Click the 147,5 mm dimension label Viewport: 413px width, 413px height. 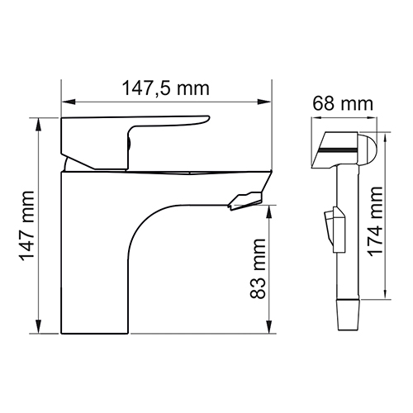165,88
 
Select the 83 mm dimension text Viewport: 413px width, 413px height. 258,268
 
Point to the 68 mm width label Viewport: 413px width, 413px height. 343,104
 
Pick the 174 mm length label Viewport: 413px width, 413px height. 376,221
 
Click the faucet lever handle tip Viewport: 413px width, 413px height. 208,119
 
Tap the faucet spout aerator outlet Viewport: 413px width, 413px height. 244,202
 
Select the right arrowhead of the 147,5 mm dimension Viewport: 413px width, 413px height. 264,102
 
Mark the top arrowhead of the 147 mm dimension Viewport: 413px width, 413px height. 39,125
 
